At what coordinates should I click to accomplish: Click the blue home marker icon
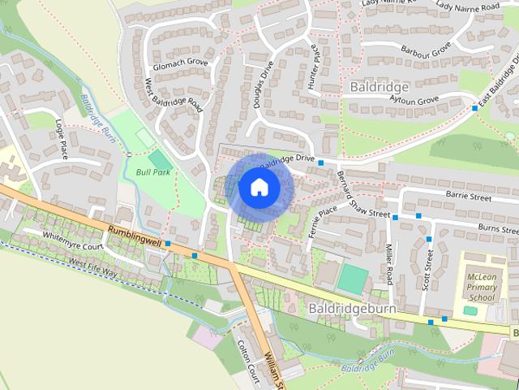pos(259,187)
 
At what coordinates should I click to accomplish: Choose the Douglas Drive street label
pos(264,86)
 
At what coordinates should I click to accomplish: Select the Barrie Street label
pos(469,197)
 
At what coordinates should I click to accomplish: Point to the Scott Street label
pos(427,269)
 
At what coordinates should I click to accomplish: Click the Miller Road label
pos(389,266)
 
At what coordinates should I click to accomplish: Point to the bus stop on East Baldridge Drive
pos(474,107)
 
